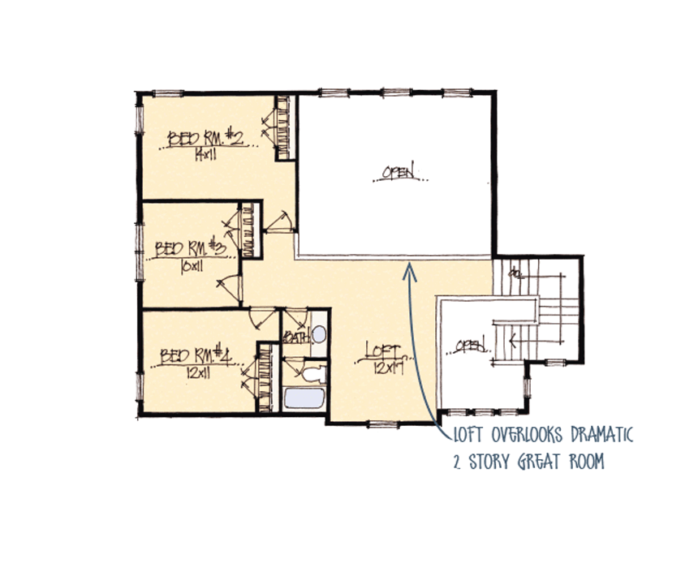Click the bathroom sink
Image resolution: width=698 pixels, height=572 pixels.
[318, 334]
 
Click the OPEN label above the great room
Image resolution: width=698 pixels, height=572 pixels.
[400, 171]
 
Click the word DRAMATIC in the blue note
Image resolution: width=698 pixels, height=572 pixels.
[592, 436]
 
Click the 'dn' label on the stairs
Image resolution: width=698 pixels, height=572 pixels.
[515, 273]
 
